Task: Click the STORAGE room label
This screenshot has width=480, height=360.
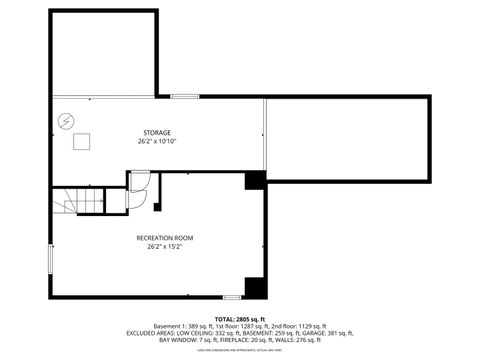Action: [155, 132]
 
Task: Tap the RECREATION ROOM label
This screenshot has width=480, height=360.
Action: [165, 237]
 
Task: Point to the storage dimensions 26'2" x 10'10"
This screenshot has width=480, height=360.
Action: [155, 141]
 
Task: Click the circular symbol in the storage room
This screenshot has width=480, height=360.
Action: [66, 119]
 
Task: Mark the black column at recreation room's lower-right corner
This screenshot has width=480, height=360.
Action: [256, 287]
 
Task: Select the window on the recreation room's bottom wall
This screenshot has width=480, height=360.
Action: [232, 297]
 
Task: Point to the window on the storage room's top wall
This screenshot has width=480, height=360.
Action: [184, 96]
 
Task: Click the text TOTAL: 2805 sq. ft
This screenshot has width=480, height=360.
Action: [239, 317]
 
